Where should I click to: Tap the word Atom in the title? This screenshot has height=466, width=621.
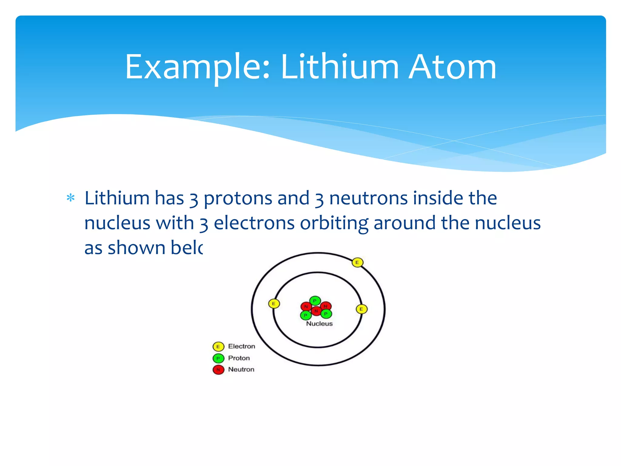[452, 67]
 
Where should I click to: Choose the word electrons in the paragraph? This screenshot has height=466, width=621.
[254, 223]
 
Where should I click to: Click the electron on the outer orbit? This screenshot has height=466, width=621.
[357, 262]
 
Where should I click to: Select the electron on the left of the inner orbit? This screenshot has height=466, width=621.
[274, 304]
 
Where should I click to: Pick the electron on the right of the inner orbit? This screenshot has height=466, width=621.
[361, 309]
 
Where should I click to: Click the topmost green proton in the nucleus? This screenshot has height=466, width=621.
[315, 301]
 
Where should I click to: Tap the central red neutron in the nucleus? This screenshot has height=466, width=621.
[316, 311]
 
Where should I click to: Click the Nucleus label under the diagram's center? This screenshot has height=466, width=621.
[319, 324]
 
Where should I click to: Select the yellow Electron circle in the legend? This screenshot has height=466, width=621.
[218, 346]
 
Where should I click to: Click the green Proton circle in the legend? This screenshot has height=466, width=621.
[218, 358]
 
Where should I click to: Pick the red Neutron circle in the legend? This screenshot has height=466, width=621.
[218, 370]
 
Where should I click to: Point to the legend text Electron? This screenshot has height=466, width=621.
[241, 346]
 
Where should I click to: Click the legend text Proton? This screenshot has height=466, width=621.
[239, 358]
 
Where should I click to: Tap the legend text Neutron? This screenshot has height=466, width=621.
[241, 370]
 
